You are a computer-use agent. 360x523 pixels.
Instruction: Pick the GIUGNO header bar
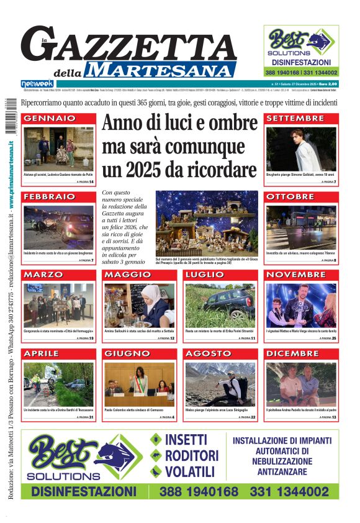139,353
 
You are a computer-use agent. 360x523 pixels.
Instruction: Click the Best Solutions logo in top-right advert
301,43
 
